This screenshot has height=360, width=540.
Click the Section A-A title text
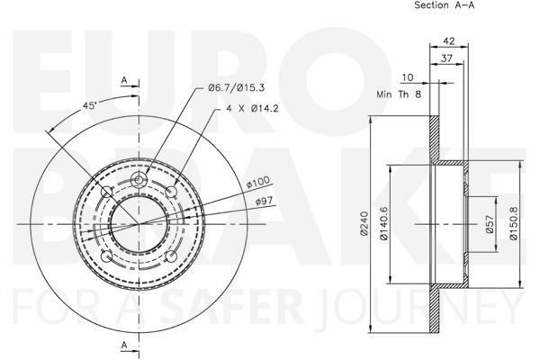tap(444, 5)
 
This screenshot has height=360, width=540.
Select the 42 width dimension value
tap(449, 41)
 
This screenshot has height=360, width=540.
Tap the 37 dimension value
tap(446, 58)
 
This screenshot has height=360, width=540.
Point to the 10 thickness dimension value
tap(408, 77)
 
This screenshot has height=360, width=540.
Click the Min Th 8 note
tap(399, 94)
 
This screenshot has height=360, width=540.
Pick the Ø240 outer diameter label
tap(364, 223)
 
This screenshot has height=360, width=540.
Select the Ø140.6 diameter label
tap(383, 223)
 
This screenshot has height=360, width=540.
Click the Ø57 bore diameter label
tap(490, 224)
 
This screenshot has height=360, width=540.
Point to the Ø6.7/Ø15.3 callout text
tap(236, 88)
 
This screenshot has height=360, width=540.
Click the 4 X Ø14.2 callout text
tap(252, 109)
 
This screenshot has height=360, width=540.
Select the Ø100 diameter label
tap(258, 182)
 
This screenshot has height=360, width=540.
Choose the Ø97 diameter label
tap(264, 201)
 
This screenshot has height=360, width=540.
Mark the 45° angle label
tap(89, 106)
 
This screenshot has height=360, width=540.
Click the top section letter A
tap(124, 81)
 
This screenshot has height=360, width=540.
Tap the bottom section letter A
tap(124, 345)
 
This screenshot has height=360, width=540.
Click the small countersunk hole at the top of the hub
tap(139, 180)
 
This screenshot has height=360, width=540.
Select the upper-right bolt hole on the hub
tap(172, 192)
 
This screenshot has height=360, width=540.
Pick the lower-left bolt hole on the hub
tap(106, 256)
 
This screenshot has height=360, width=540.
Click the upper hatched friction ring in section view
tap(435, 138)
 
